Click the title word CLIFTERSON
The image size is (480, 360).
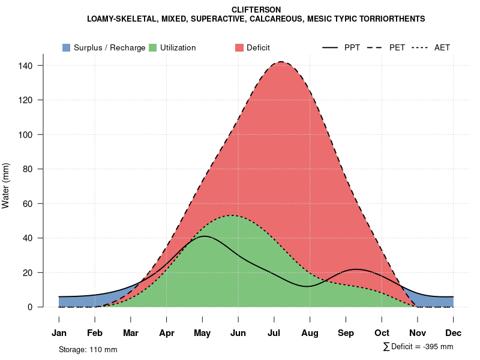pyautogui.click(x=256, y=10)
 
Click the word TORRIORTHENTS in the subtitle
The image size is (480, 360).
pyautogui.click(x=393, y=19)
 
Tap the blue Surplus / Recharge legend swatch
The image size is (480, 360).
pyautogui.click(x=67, y=47)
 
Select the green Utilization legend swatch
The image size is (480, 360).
pyautogui.click(x=153, y=47)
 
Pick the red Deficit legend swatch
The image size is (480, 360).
pyautogui.click(x=239, y=47)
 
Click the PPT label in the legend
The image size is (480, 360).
pyautogui.click(x=352, y=47)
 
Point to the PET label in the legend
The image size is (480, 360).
pyautogui.click(x=397, y=47)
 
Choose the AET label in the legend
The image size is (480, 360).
pyautogui.click(x=442, y=47)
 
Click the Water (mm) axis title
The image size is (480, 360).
pyautogui.click(x=6, y=185)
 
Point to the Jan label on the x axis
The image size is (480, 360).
pyautogui.click(x=59, y=333)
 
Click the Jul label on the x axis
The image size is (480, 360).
pyautogui.click(x=274, y=333)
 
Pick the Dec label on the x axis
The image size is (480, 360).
pyautogui.click(x=454, y=333)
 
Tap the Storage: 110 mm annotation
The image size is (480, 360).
pyautogui.click(x=88, y=349)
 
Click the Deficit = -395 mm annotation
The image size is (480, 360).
pyautogui.click(x=418, y=347)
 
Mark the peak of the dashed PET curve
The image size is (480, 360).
pyautogui.click(x=281, y=62)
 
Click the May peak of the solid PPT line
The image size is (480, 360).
pyautogui.click(x=205, y=236)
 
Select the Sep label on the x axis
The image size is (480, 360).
pyautogui.click(x=346, y=333)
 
